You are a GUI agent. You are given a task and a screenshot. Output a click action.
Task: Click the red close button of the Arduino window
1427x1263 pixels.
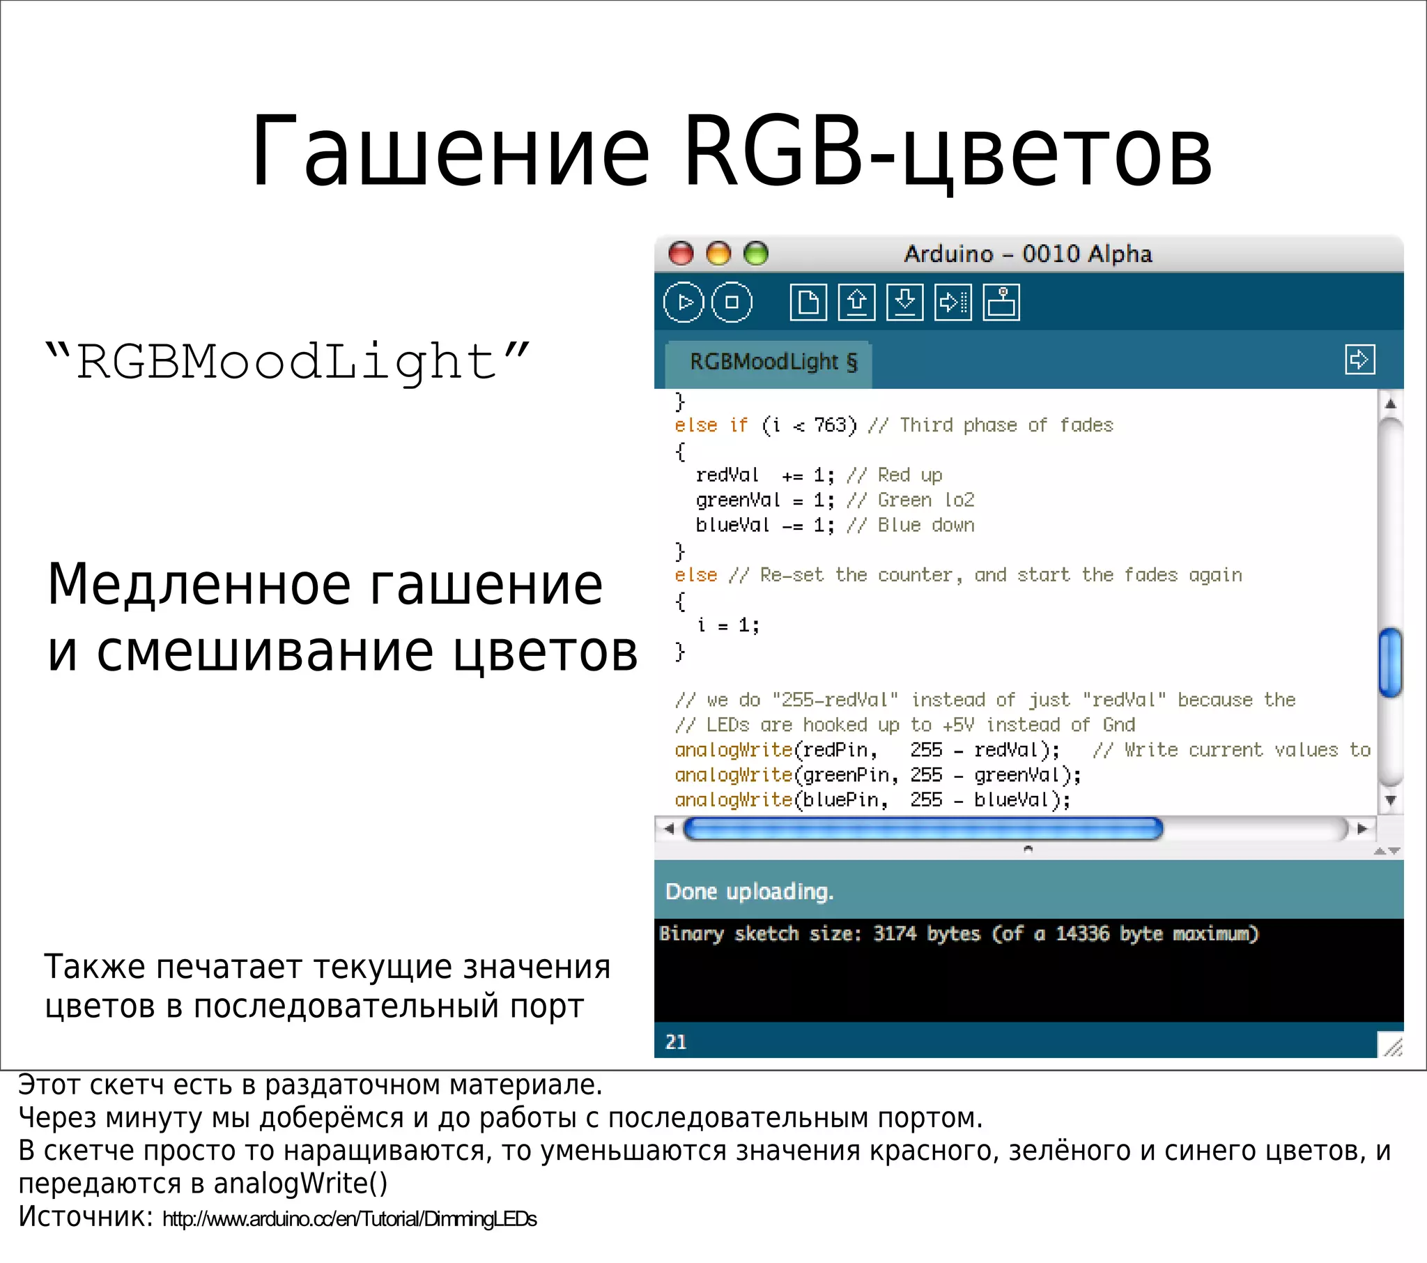tap(681, 254)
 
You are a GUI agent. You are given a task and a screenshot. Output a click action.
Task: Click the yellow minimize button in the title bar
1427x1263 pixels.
tap(718, 254)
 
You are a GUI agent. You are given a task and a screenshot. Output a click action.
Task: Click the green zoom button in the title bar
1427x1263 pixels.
tap(756, 254)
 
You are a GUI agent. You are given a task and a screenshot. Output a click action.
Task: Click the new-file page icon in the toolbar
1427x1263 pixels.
tap(808, 303)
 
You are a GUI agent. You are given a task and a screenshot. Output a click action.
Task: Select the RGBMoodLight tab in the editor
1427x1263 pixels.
tap(771, 362)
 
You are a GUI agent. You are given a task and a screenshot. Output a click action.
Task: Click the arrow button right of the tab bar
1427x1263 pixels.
tap(1359, 360)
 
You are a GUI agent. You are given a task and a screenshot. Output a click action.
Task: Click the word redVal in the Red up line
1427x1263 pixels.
tap(727, 475)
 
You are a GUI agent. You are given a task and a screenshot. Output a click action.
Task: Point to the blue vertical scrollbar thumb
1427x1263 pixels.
tap(1391, 662)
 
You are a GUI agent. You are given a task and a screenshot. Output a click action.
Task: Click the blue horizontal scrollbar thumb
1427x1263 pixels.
tap(923, 829)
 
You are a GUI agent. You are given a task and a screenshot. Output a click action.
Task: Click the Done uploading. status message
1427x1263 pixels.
tap(749, 892)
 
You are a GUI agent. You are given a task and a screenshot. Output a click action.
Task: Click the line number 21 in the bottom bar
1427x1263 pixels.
tap(676, 1042)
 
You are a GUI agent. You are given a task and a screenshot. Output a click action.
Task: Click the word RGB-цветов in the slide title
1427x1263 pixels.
tap(948, 152)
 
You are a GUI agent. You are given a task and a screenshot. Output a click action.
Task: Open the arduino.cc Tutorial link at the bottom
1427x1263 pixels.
tap(349, 1219)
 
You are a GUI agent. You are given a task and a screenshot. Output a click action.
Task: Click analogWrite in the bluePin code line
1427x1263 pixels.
tap(733, 800)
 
